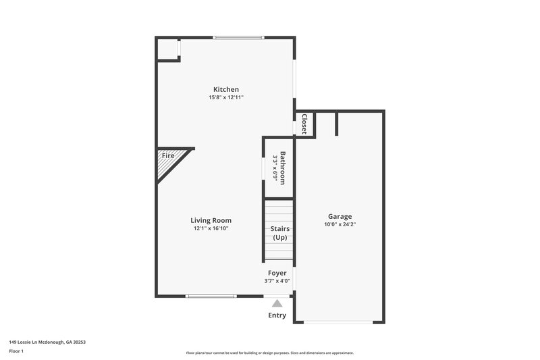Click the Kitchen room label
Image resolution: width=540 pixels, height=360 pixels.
click(x=226, y=89)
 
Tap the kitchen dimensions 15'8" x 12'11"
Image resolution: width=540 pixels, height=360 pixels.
click(x=226, y=97)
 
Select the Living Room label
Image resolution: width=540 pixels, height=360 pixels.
click(x=211, y=220)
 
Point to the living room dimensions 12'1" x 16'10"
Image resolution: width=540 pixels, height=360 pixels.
click(x=211, y=228)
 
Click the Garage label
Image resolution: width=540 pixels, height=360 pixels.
click(x=340, y=216)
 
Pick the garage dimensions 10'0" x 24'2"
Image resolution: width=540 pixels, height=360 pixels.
click(x=340, y=224)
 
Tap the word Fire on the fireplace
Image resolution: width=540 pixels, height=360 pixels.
click(x=167, y=156)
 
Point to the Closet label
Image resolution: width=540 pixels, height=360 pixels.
click(x=304, y=124)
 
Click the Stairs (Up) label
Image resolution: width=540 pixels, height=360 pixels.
click(x=279, y=233)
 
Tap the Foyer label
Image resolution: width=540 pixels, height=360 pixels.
click(x=277, y=273)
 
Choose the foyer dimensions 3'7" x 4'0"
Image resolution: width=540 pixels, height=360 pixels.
click(x=277, y=281)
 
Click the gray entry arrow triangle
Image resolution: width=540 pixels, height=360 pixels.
click(x=277, y=303)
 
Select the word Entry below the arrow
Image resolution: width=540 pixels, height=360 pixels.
click(x=277, y=315)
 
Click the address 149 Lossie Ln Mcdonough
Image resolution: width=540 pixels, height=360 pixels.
click(x=47, y=342)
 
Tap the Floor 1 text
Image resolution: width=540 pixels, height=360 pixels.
click(x=17, y=351)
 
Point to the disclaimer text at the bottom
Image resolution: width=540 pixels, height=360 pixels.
click(x=269, y=353)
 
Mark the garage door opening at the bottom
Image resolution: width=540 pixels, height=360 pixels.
click(x=339, y=322)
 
